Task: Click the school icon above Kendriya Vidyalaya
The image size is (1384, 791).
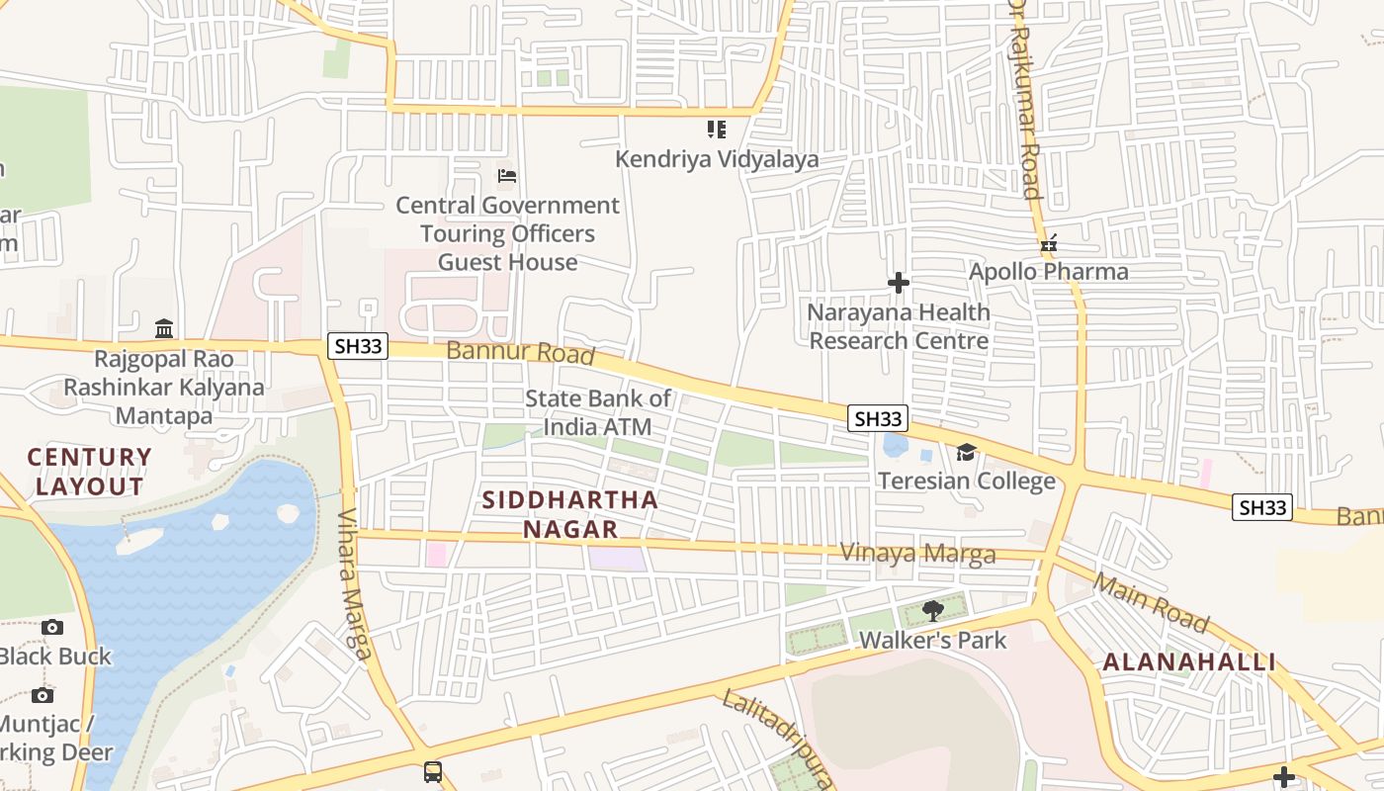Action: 717,130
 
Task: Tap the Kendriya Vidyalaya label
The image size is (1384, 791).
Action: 717,159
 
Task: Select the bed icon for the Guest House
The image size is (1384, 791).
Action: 507,177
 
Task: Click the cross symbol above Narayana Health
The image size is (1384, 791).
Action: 898,284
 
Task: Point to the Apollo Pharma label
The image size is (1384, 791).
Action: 1048,271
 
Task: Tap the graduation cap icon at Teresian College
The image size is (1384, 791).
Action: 966,453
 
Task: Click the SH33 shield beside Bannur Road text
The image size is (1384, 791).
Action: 358,346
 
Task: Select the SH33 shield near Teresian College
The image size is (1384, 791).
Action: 877,418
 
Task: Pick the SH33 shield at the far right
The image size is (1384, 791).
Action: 1262,507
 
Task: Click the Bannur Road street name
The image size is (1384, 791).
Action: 520,352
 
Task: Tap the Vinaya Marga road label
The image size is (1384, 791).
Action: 916,553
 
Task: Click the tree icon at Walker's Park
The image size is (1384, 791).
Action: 932,610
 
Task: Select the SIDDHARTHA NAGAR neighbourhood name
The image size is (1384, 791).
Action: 570,514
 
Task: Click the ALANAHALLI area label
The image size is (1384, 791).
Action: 1189,662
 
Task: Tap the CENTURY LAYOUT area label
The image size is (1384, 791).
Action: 89,472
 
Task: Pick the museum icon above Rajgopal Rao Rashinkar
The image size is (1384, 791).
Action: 164,328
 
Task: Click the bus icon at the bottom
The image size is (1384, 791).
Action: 433,771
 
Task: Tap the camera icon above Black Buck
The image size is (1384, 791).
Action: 52,627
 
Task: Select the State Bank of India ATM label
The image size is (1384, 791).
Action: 597,412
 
